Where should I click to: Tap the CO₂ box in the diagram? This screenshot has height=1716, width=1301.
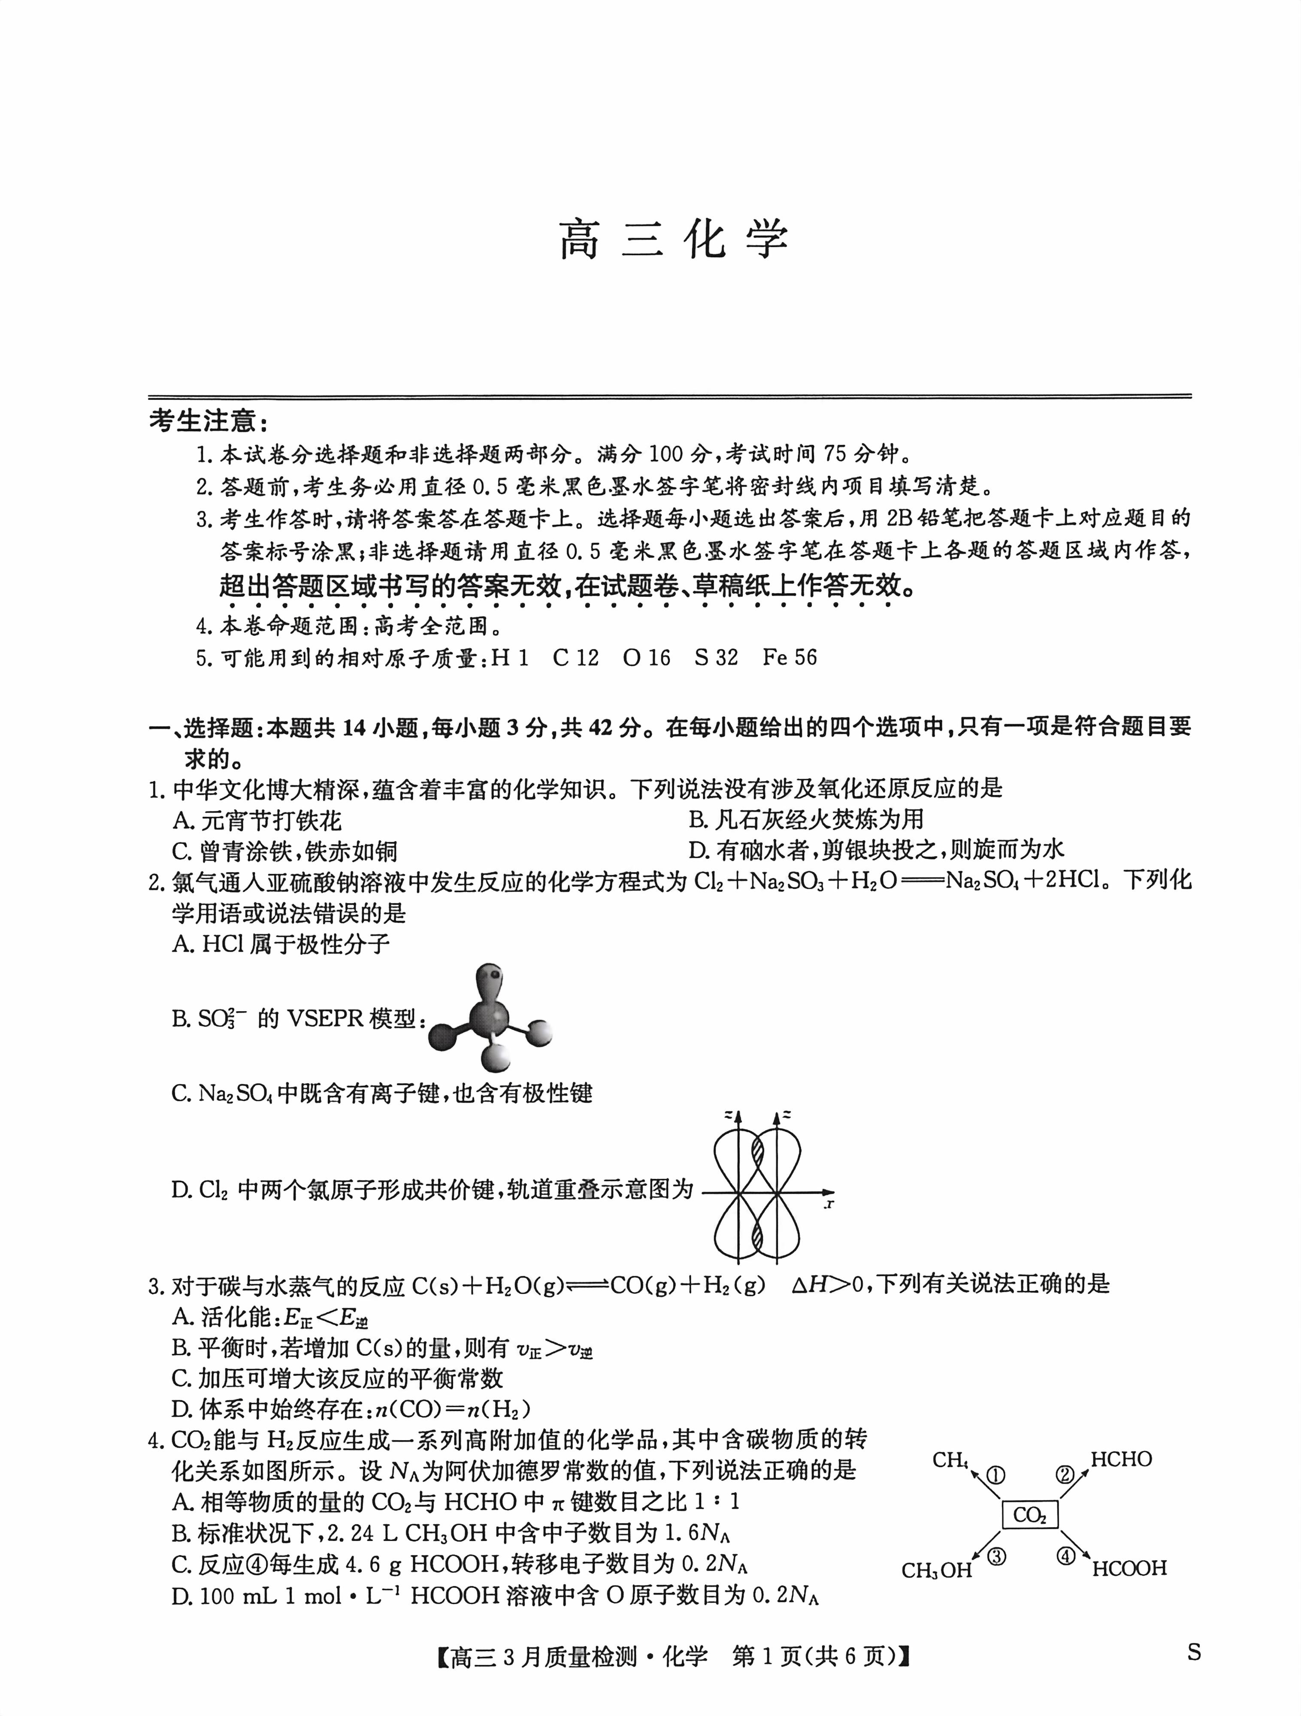click(1029, 1514)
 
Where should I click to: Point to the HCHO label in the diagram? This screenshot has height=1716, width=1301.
click(1121, 1459)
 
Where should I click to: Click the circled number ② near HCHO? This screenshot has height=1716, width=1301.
click(1065, 1475)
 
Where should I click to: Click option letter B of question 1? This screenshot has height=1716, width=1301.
click(696, 819)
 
